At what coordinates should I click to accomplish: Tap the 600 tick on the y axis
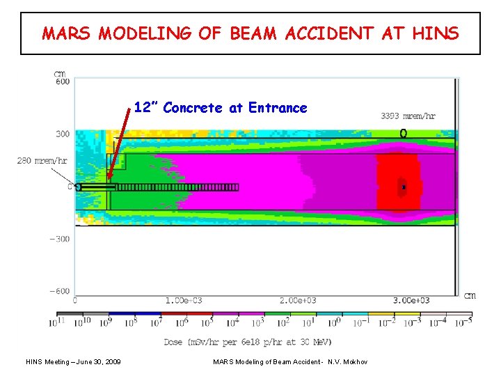pyautogui.click(x=63, y=81)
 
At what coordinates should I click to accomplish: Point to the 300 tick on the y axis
pyautogui.click(x=63, y=134)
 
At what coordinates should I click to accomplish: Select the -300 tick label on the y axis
pyautogui.click(x=60, y=239)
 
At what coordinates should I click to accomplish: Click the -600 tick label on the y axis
pyautogui.click(x=60, y=291)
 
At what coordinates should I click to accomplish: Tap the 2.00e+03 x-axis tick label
pyautogui.click(x=299, y=301)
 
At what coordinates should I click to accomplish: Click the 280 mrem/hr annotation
pyautogui.click(x=42, y=161)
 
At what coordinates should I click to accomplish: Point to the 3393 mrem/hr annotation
pyautogui.click(x=408, y=116)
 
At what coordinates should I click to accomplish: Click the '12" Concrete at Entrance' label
pyautogui.click(x=220, y=108)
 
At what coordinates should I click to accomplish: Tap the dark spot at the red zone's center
pyautogui.click(x=403, y=187)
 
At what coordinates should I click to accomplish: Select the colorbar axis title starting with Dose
pyautogui.click(x=248, y=342)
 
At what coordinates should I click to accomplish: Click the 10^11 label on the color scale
pyautogui.click(x=59, y=323)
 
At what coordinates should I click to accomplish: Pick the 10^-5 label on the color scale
pyautogui.click(x=462, y=323)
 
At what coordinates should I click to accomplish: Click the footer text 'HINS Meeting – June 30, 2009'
pyautogui.click(x=73, y=361)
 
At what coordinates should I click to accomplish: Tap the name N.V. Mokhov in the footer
pyautogui.click(x=348, y=361)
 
